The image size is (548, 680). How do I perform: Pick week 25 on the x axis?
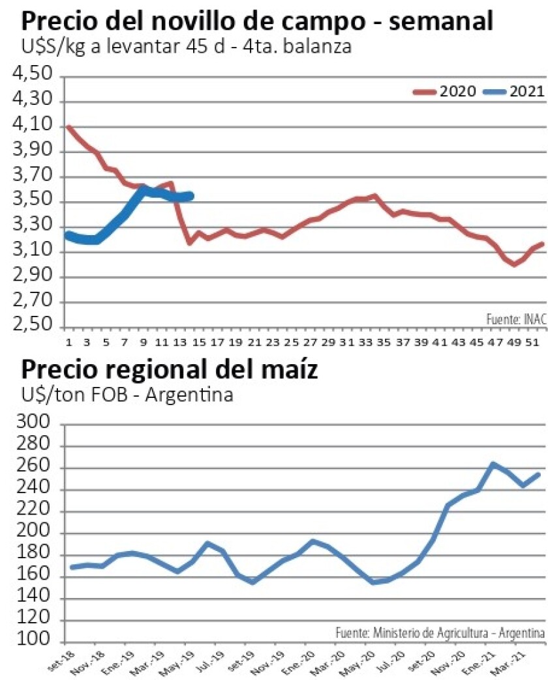tap(292, 342)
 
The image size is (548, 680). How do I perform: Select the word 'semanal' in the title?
tap(444, 21)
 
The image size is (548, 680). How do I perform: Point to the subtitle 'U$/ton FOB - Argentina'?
tap(127, 395)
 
